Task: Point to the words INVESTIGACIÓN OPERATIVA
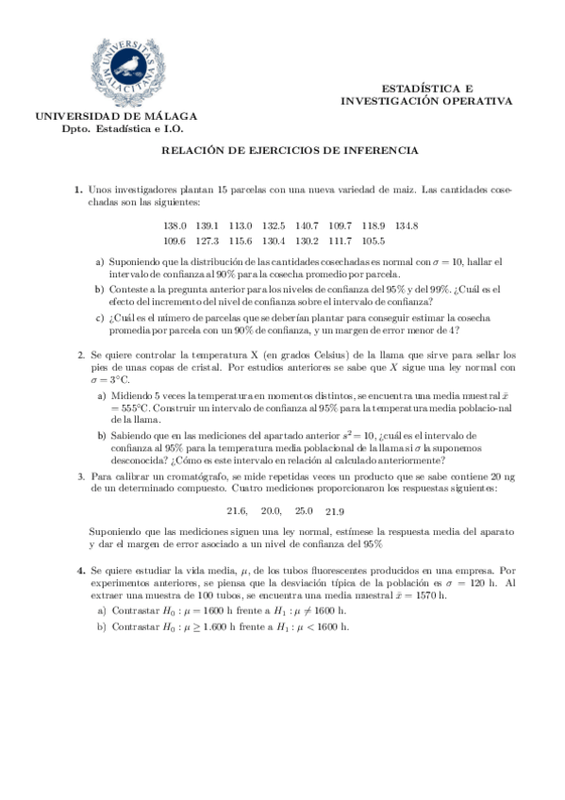[426, 99]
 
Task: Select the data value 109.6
[175, 240]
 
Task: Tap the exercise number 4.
[78, 571]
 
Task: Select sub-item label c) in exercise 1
[99, 318]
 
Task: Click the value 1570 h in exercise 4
[427, 596]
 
